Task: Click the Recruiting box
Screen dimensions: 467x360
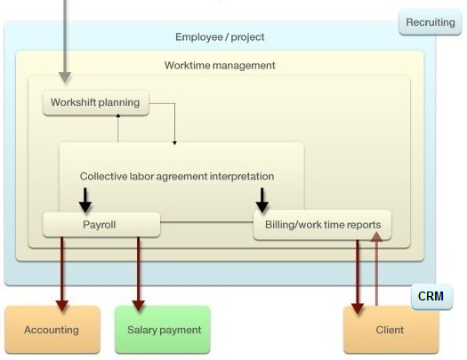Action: pos(430,22)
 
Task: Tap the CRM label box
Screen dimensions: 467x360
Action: pos(431,297)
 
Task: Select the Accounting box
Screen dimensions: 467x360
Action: pos(52,330)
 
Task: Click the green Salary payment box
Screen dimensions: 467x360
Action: pos(163,330)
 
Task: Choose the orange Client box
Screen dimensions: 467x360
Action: pos(391,331)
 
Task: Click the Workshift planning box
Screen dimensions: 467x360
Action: pos(95,102)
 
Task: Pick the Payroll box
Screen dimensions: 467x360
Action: pos(101,225)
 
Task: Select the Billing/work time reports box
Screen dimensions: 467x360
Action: pos(322,225)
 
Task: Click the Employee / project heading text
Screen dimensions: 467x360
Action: pos(220,37)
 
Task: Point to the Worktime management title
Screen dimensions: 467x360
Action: pos(220,66)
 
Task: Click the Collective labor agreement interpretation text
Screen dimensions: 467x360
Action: pos(177,176)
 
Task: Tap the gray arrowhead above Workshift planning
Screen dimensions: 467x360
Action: pos(65,77)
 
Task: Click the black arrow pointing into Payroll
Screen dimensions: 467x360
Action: pos(85,200)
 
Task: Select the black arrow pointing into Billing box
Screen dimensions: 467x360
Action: pos(262,200)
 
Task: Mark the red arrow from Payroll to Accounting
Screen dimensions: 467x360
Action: pos(62,274)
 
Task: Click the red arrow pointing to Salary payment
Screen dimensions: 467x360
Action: pos(138,274)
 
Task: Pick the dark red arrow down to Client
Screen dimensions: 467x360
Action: pos(358,276)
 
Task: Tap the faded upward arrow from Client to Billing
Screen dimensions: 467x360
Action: pos(377,268)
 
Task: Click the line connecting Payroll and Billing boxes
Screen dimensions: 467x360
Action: pos(206,222)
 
